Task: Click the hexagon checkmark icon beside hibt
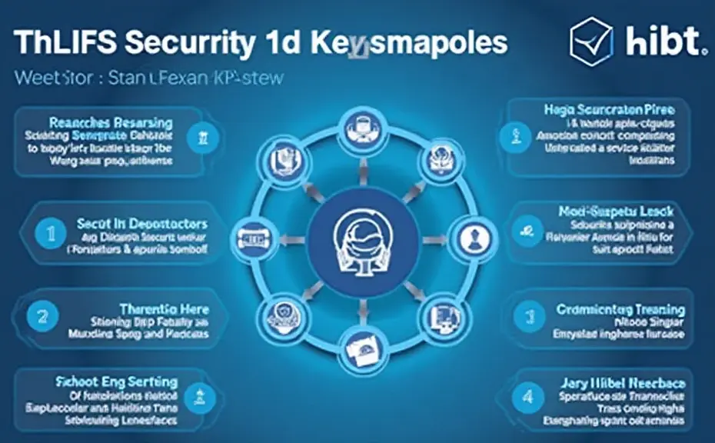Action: (x=591, y=40)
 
